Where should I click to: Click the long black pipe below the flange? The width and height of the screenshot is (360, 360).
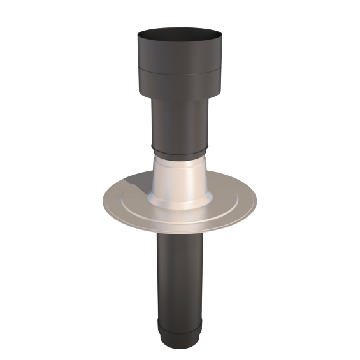(178, 274)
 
